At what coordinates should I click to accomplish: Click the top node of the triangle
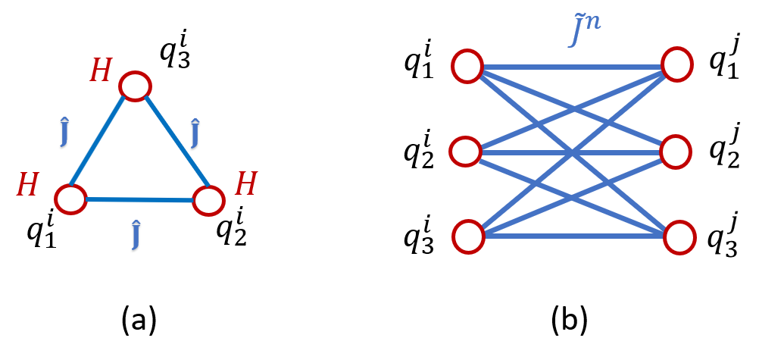[x=135, y=86]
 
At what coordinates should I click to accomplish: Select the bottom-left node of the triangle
[x=70, y=199]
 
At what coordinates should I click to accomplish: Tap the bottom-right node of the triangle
[x=208, y=201]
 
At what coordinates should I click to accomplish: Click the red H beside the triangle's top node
[x=101, y=71]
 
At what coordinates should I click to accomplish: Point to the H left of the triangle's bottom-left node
[x=27, y=186]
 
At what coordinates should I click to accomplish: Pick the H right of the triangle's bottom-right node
[x=245, y=185]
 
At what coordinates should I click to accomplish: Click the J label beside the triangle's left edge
[x=64, y=133]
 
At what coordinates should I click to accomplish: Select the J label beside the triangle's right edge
[x=195, y=135]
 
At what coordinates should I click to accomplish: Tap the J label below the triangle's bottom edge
[x=136, y=236]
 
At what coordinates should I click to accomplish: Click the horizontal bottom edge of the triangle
[x=139, y=199]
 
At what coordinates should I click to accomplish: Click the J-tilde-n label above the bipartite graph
[x=585, y=29]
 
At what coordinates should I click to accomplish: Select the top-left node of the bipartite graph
[x=467, y=66]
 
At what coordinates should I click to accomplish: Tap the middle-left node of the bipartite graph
[x=465, y=152]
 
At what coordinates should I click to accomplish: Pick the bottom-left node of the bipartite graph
[x=468, y=236]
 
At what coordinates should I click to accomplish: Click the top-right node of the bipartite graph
[x=676, y=64]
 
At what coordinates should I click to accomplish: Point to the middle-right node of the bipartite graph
[x=675, y=152]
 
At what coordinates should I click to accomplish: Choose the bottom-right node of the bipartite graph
[x=679, y=237]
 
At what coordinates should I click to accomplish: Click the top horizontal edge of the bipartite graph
[x=572, y=67]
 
